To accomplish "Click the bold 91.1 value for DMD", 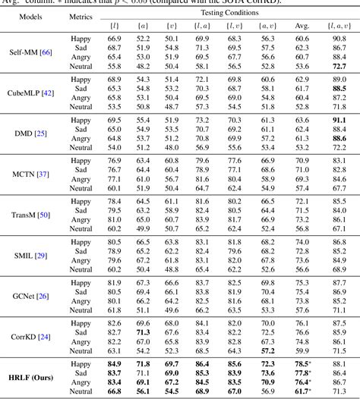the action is coord(339,120).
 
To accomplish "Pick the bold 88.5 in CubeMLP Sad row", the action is coord(339,88).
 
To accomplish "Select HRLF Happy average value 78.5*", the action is coord(303,365).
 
